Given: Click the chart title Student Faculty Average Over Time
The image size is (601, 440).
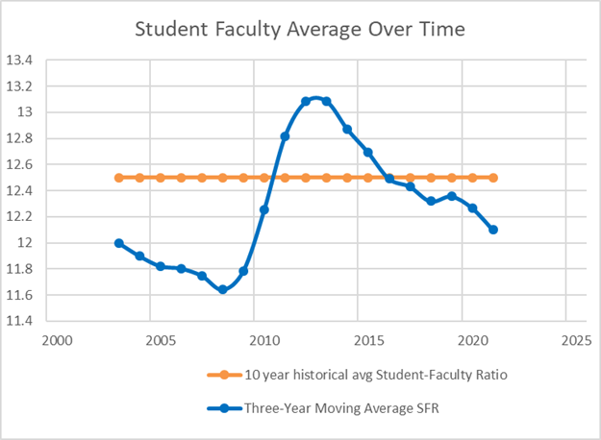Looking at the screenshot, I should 300,30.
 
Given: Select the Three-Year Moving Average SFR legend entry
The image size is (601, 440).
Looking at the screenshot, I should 327,407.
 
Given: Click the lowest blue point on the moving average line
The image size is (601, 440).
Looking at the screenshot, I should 222,289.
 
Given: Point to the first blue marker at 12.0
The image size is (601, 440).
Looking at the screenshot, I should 118,243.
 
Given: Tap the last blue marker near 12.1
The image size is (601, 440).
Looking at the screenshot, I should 493,230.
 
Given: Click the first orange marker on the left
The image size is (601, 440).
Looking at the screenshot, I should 118,178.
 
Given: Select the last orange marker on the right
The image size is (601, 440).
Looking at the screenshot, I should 493,178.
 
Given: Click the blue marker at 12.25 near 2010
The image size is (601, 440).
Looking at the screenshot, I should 264,209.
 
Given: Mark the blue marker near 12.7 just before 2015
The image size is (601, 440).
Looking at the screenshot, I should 368,153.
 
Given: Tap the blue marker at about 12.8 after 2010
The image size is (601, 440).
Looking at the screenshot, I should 285,136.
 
